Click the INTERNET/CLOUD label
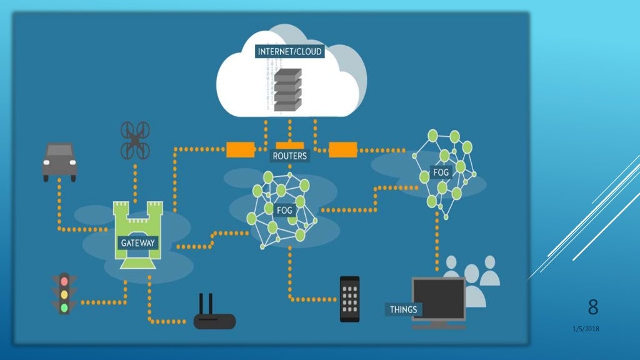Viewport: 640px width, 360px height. click(x=290, y=51)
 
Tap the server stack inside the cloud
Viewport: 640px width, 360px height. click(x=288, y=91)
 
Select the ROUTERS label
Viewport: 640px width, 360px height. click(x=290, y=156)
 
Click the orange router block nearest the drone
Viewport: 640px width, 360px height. click(x=240, y=149)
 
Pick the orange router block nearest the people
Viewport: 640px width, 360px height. click(x=342, y=149)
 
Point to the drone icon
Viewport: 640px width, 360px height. click(x=135, y=140)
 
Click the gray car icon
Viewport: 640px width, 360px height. click(x=59, y=161)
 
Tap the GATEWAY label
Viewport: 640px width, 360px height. click(x=138, y=242)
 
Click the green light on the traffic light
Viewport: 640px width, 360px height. click(x=64, y=307)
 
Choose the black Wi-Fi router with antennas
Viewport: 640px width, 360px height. click(x=214, y=316)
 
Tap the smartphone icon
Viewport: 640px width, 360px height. click(x=349, y=299)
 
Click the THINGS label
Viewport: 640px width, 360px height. click(x=403, y=309)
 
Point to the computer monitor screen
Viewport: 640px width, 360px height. click(x=438, y=299)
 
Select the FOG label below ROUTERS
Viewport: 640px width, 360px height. click(x=284, y=211)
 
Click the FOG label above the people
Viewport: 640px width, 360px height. click(x=441, y=172)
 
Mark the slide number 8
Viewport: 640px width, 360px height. click(x=592, y=307)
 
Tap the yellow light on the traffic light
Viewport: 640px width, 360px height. click(x=64, y=294)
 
